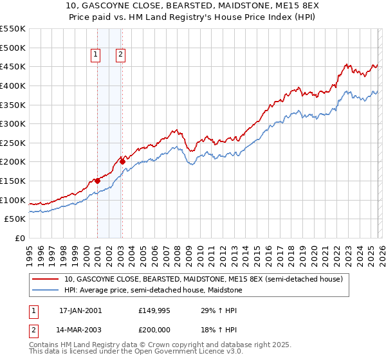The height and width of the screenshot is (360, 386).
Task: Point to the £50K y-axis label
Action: click(15, 219)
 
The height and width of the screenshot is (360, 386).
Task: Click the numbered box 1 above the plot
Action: click(95, 55)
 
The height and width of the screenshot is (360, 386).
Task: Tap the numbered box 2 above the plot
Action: click(120, 55)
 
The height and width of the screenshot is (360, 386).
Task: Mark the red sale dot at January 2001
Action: click(98, 181)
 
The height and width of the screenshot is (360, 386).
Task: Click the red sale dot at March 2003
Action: click(122, 161)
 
